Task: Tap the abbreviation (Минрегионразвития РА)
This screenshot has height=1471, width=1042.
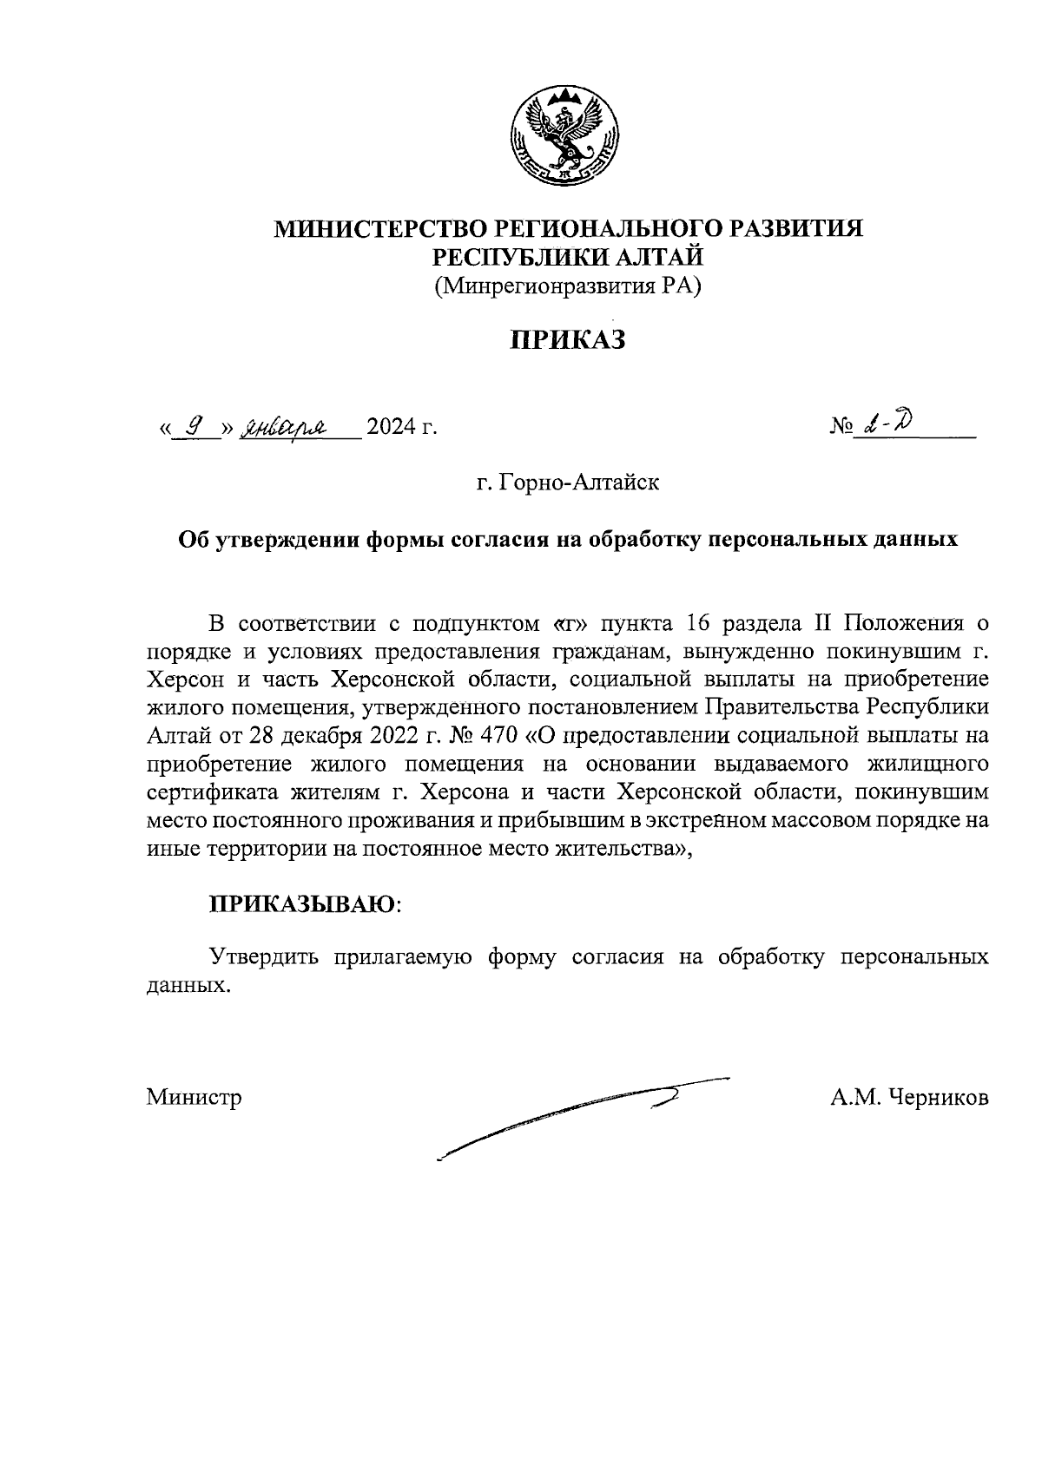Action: point(567,286)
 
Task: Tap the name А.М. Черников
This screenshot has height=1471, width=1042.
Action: point(908,1098)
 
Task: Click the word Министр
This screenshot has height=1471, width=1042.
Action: point(194,1098)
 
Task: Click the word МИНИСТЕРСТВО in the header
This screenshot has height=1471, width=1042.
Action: point(381,229)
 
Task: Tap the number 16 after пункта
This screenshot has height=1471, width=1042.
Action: point(697,624)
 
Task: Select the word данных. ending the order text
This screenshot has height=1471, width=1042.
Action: point(188,986)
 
